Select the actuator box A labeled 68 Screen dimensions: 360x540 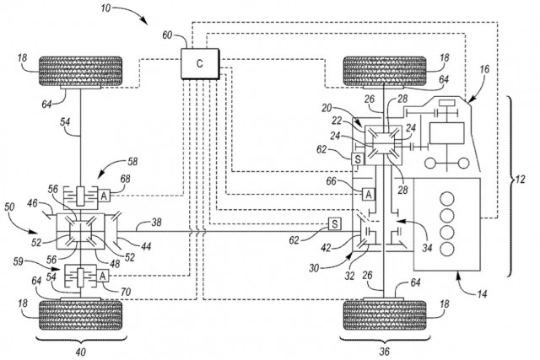105,194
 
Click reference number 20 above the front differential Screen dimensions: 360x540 327,110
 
